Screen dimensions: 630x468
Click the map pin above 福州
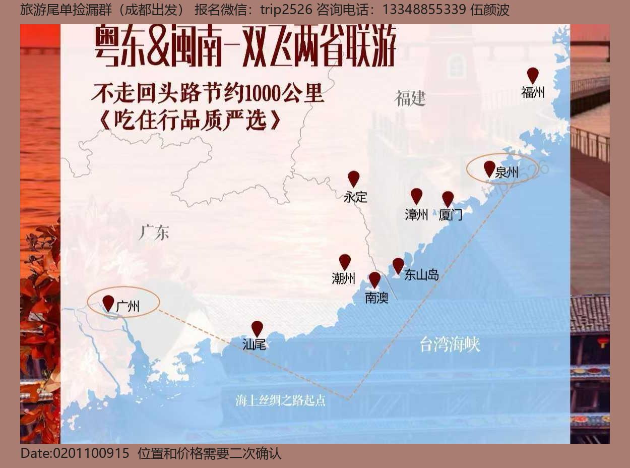533,75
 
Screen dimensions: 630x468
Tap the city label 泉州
507,172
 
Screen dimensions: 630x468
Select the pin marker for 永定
354,179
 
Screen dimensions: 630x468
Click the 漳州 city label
416,214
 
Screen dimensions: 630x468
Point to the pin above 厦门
448,199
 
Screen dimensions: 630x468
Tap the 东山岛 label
421,275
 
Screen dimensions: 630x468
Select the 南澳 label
376,298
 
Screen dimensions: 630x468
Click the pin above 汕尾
257,328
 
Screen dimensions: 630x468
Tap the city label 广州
128,306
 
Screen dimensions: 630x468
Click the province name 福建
410,98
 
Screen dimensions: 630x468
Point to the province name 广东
154,232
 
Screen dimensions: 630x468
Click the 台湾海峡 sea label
450,345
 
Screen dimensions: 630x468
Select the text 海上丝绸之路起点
280,401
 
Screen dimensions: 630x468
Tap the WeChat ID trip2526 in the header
286,10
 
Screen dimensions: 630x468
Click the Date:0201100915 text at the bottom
75,453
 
